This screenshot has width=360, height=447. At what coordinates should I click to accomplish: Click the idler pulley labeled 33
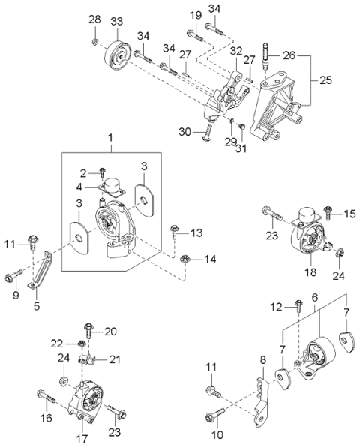pyautogui.click(x=118, y=55)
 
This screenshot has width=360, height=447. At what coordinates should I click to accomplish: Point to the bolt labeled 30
pyautogui.click(x=207, y=133)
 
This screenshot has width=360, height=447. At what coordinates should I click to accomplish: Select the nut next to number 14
pyautogui.click(x=185, y=259)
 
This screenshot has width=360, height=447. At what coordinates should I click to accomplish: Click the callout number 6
pyautogui.click(x=313, y=298)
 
